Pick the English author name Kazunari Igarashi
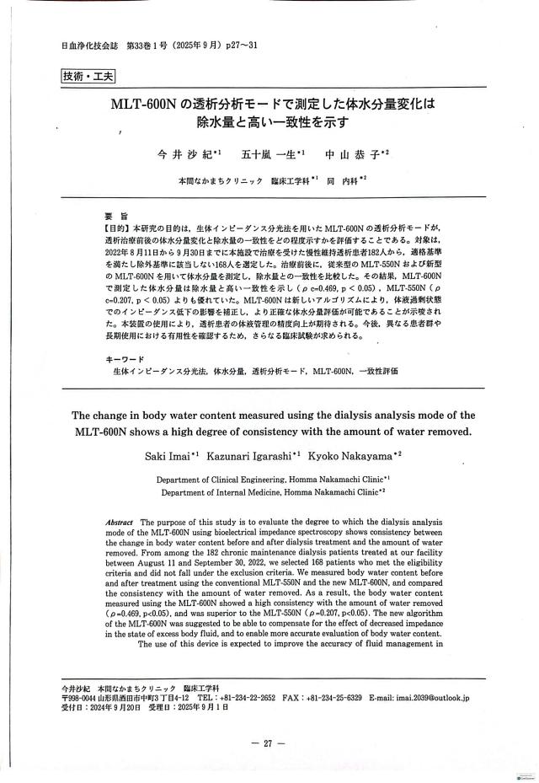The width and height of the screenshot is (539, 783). pyautogui.click(x=256, y=455)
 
